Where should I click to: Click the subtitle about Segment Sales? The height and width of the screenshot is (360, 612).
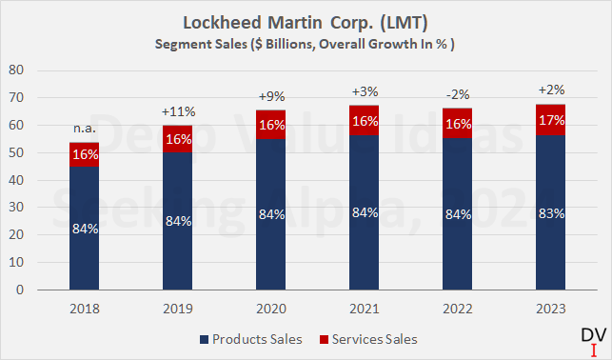pos(306,44)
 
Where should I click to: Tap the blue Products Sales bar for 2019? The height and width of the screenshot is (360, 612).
pos(176,222)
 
